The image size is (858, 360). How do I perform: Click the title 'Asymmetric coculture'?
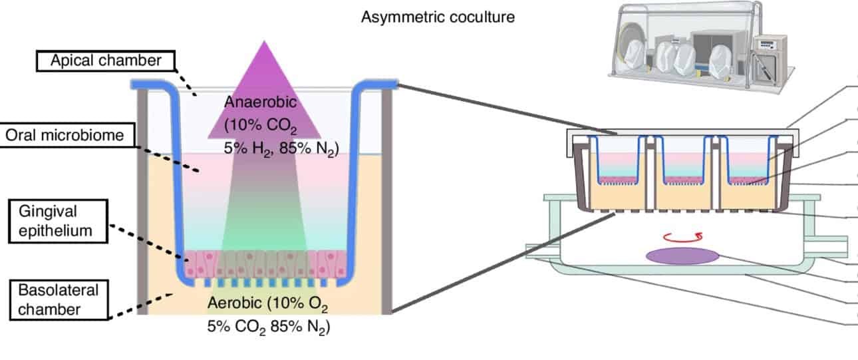[437, 17]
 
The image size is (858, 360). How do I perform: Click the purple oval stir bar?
[682, 256]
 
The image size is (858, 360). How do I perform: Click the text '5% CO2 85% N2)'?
[269, 327]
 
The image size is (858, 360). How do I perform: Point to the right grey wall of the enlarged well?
[387, 200]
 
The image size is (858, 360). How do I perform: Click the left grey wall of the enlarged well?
[142, 200]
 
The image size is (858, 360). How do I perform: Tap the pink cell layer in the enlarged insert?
[266, 262]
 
